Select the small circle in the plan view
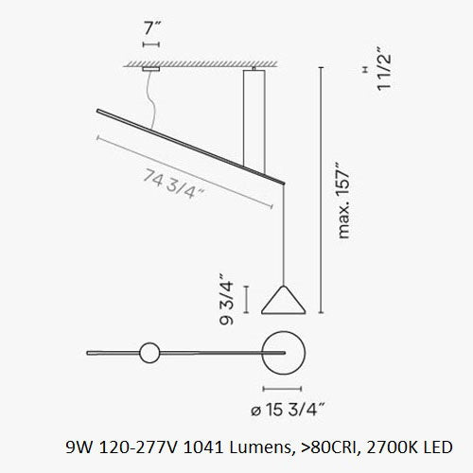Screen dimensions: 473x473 pyautogui.click(x=149, y=354)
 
